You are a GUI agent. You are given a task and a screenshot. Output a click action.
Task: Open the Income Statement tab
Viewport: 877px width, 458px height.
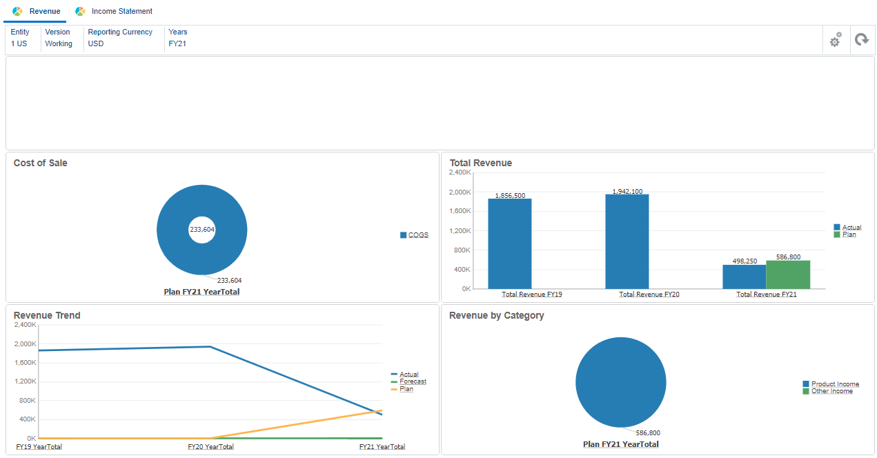click(x=121, y=11)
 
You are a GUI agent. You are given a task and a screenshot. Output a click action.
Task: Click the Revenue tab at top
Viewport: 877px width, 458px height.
click(x=44, y=11)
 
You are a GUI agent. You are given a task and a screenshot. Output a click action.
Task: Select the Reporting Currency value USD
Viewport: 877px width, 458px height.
click(x=96, y=43)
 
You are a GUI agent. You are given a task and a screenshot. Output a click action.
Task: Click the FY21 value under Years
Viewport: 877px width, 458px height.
click(x=177, y=43)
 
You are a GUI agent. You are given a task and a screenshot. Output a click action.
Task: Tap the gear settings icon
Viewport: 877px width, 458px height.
click(x=835, y=40)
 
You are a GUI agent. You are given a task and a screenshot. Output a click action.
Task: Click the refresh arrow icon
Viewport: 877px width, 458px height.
click(x=861, y=40)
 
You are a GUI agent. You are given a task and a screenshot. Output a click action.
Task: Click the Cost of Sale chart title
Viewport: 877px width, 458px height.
click(x=41, y=163)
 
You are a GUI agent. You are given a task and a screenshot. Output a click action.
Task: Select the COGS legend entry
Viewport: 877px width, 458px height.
click(x=417, y=235)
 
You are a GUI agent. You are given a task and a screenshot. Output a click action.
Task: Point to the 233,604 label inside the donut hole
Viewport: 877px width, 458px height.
click(x=201, y=230)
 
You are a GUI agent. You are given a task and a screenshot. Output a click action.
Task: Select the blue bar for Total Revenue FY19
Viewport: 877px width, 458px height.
click(x=509, y=243)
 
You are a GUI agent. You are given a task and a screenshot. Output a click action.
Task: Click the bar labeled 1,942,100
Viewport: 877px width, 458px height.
click(x=627, y=241)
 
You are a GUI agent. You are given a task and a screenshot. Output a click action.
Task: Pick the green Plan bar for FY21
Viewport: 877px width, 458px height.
click(x=788, y=275)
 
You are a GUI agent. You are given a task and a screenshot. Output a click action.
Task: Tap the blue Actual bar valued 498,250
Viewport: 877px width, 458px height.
click(x=744, y=277)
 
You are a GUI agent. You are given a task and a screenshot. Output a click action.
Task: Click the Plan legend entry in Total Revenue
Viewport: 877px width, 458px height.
click(x=849, y=235)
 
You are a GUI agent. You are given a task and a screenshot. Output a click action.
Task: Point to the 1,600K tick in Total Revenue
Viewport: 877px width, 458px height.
click(x=460, y=211)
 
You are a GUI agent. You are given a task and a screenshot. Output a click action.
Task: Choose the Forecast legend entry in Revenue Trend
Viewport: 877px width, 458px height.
click(x=413, y=381)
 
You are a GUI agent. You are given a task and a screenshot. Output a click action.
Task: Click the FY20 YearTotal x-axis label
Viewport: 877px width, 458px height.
click(x=210, y=447)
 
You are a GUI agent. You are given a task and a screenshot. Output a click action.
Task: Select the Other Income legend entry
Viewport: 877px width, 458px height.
click(x=831, y=391)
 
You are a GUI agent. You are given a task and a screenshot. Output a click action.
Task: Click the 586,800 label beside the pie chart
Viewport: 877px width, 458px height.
click(x=647, y=433)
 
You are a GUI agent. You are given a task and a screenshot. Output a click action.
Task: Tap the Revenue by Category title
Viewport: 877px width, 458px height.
click(x=496, y=315)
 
